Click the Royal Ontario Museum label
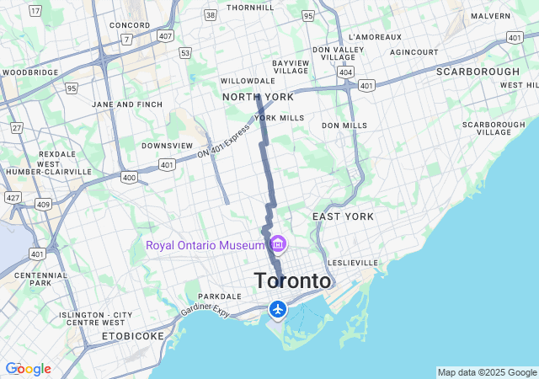[205, 245]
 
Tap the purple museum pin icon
[278, 245]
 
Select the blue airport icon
[278, 309]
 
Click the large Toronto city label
[292, 280]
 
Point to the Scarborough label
[478, 72]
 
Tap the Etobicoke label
[132, 335]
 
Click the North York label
[258, 97]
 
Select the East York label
[343, 216]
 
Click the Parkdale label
[220, 296]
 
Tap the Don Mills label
[344, 125]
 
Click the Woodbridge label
[30, 72]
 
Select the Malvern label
[491, 16]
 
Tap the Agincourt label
[414, 52]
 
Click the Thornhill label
[251, 8]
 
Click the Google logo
[28, 369]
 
